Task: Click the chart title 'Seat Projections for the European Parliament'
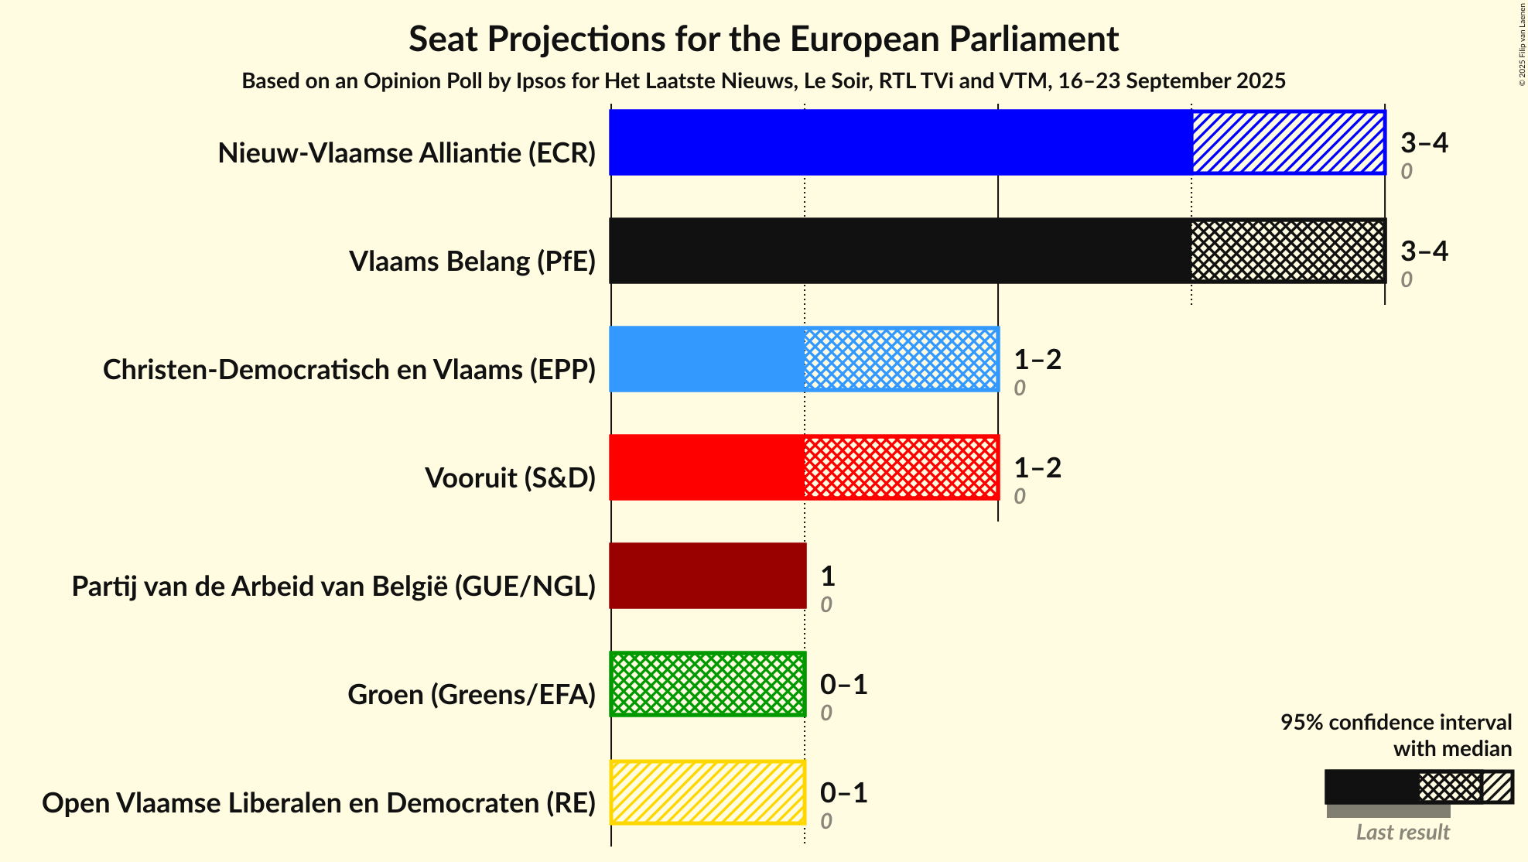coord(764,39)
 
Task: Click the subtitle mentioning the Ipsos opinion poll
coord(764,81)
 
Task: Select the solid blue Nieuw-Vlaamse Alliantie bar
coord(900,142)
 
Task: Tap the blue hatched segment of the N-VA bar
coord(1288,142)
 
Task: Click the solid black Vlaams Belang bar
coord(900,251)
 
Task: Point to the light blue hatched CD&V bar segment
coord(901,359)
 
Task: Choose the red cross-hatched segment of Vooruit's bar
coord(901,467)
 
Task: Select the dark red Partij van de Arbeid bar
coord(708,576)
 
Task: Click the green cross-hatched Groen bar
coord(708,684)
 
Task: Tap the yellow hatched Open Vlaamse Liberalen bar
coord(708,792)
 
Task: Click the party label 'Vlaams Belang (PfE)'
coord(472,262)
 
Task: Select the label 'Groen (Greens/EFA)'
coord(471,695)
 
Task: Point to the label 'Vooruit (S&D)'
coord(510,478)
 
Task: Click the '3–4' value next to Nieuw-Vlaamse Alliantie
coord(1424,142)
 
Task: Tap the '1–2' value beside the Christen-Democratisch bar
coord(1037,359)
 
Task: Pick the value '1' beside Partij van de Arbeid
coord(827,576)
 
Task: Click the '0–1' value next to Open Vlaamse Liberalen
coord(843,792)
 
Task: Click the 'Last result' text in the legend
coord(1402,833)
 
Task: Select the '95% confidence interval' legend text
coord(1395,723)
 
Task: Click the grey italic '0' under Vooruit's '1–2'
coord(1019,496)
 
